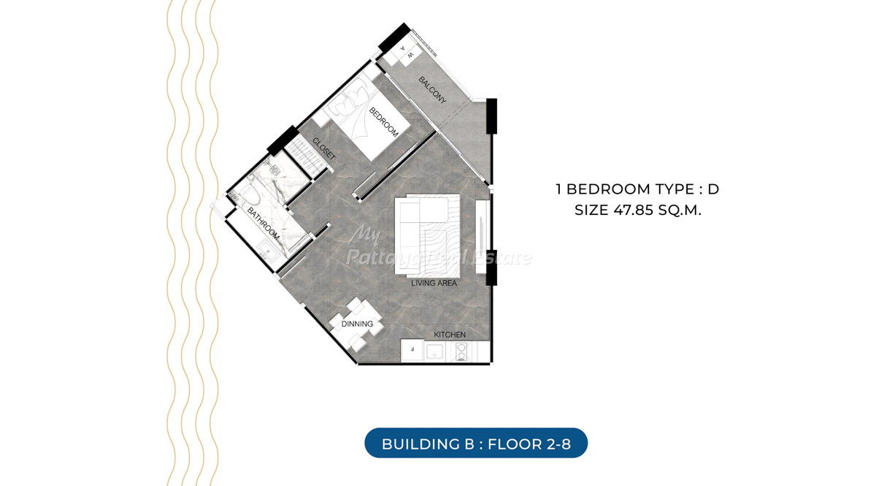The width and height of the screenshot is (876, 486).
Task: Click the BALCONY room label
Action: click(432, 91)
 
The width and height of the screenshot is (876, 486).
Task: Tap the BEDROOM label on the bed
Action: click(384, 122)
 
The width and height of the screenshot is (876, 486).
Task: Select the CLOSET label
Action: click(324, 149)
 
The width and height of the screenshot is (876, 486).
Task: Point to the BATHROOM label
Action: click(264, 224)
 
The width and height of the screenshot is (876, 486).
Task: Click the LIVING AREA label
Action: click(434, 283)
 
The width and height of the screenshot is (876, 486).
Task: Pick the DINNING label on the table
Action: click(357, 324)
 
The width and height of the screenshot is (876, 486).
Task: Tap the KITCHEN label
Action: click(450, 335)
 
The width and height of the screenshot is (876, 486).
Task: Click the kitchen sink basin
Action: click(434, 352)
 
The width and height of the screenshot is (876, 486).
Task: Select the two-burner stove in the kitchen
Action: click(461, 352)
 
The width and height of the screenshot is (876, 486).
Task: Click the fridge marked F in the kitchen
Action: click(412, 351)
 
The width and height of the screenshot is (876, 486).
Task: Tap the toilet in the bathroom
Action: click(249, 194)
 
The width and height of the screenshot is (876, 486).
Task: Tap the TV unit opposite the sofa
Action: click(482, 237)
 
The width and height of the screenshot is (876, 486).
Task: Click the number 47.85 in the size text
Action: click(634, 210)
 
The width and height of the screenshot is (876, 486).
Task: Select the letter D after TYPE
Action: click(713, 189)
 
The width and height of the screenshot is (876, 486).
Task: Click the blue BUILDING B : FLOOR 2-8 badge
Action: click(476, 443)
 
